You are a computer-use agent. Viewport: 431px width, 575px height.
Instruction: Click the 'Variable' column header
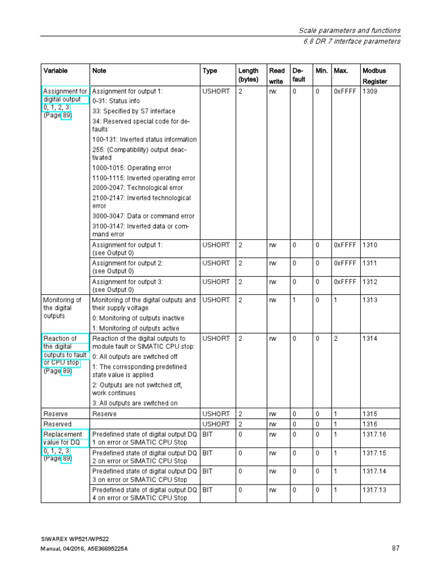coord(56,71)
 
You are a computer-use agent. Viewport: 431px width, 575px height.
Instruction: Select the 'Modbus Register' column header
coord(374,76)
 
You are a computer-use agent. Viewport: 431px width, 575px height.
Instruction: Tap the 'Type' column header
coord(210,71)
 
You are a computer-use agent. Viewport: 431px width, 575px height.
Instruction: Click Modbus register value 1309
coord(370,91)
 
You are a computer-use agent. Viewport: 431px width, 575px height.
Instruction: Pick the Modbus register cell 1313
coord(370,300)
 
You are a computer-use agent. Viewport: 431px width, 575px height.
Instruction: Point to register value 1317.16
coord(374,435)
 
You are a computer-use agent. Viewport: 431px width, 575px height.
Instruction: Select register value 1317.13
coord(374,490)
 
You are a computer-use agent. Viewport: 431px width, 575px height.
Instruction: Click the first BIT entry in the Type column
coord(208,435)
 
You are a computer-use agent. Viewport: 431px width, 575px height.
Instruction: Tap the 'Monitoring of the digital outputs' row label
coord(62,308)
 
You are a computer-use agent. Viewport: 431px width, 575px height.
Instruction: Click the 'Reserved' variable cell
coord(57,425)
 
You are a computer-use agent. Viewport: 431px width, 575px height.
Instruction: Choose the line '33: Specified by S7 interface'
coord(134,111)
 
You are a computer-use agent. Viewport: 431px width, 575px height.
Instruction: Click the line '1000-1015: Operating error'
coord(132,168)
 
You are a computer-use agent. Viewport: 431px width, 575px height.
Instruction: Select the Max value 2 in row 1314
coord(336,339)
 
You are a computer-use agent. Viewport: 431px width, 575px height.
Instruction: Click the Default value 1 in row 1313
coord(294,300)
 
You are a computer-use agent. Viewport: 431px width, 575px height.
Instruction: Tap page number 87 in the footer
coord(395,549)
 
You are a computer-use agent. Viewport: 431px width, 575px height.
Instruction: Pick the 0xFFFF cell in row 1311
coord(345,263)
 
